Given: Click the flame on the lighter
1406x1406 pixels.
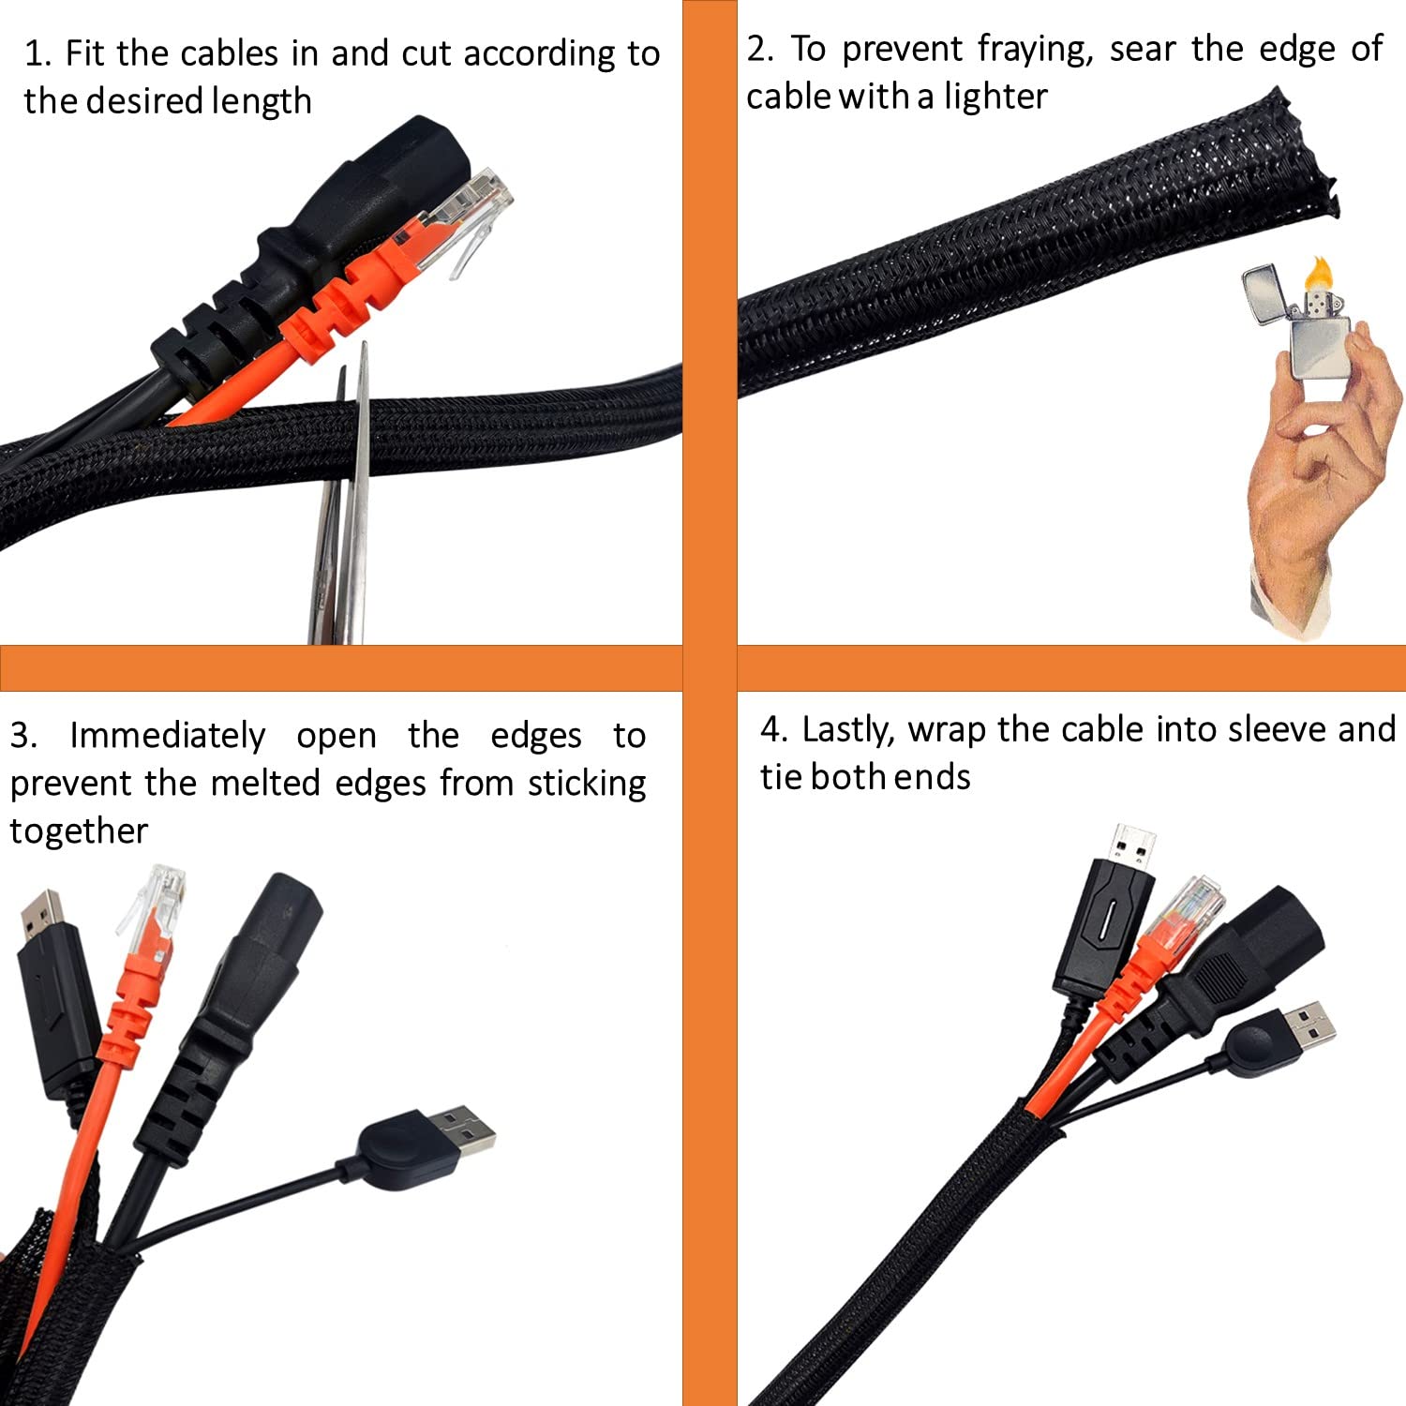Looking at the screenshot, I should pos(1320,273).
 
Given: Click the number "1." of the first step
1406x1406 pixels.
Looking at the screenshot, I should pos(37,54).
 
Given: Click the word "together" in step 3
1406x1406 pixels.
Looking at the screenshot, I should pos(79,831).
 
